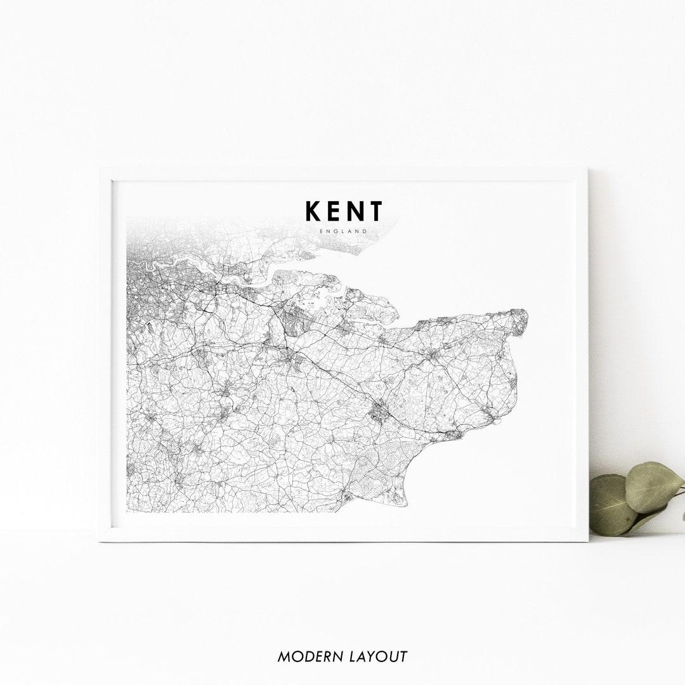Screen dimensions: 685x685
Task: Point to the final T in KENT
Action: [376, 211]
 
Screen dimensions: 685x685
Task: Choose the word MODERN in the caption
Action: [303, 656]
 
